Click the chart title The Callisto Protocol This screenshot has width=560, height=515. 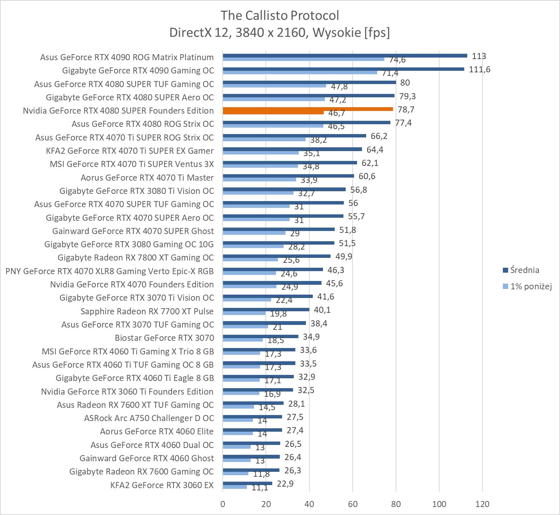click(x=279, y=15)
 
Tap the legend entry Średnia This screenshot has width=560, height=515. click(x=524, y=270)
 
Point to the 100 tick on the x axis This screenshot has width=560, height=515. click(x=439, y=504)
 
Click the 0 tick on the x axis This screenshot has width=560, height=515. click(x=223, y=504)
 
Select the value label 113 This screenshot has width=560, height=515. click(x=479, y=56)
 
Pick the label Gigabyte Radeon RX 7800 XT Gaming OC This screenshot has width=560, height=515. click(x=136, y=257)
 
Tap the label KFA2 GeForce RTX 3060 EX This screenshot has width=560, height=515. click(x=162, y=485)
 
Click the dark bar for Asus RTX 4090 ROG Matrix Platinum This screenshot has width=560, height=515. click(x=345, y=56)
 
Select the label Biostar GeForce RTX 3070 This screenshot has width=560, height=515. click(x=164, y=338)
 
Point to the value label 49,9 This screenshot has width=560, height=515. click(x=344, y=256)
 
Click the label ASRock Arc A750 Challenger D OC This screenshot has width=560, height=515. click(x=149, y=418)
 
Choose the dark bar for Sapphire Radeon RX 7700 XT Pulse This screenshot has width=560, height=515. click(x=266, y=309)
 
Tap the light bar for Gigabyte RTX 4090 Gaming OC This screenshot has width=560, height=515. click(x=300, y=72)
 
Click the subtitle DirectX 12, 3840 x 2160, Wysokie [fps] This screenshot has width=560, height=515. click(x=279, y=33)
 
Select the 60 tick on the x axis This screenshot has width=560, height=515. click(x=353, y=504)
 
